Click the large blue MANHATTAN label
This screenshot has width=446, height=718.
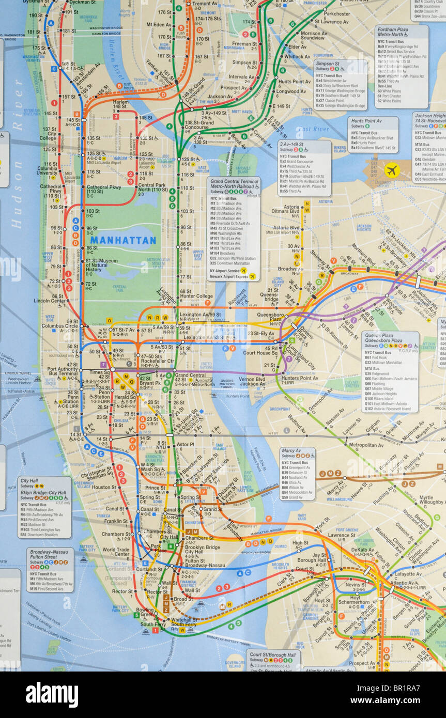pos(123,240)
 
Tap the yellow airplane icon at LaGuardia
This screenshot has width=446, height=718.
pos(392,170)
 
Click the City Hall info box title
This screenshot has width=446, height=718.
pos(29,480)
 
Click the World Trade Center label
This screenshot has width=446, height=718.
pos(115,553)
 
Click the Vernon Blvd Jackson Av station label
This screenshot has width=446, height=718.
pos(252,381)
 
